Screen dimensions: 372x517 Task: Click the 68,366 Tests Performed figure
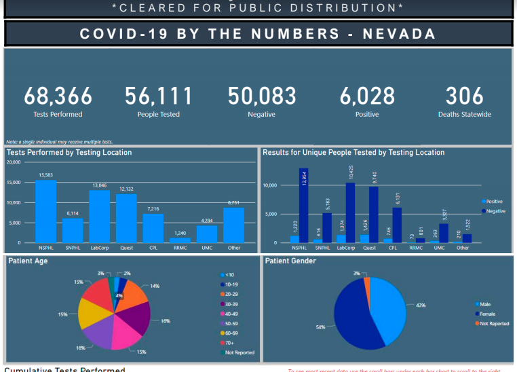coord(58,97)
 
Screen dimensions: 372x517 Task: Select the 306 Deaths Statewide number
coord(464,97)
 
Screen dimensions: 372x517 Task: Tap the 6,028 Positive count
coord(366,97)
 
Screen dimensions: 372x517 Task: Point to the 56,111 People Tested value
coord(158,97)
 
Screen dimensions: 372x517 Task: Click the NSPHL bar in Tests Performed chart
coord(45,211)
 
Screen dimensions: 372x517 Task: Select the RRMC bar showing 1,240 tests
coord(180,240)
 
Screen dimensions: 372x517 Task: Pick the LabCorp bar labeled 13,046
coord(99,217)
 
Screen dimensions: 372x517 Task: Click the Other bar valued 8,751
coord(233,225)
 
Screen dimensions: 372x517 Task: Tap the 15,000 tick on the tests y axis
coord(14,183)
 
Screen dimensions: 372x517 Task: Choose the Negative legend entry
coord(495,211)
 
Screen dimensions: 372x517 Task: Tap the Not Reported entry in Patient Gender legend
coord(494,323)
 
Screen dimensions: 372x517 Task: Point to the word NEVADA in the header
coord(398,34)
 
